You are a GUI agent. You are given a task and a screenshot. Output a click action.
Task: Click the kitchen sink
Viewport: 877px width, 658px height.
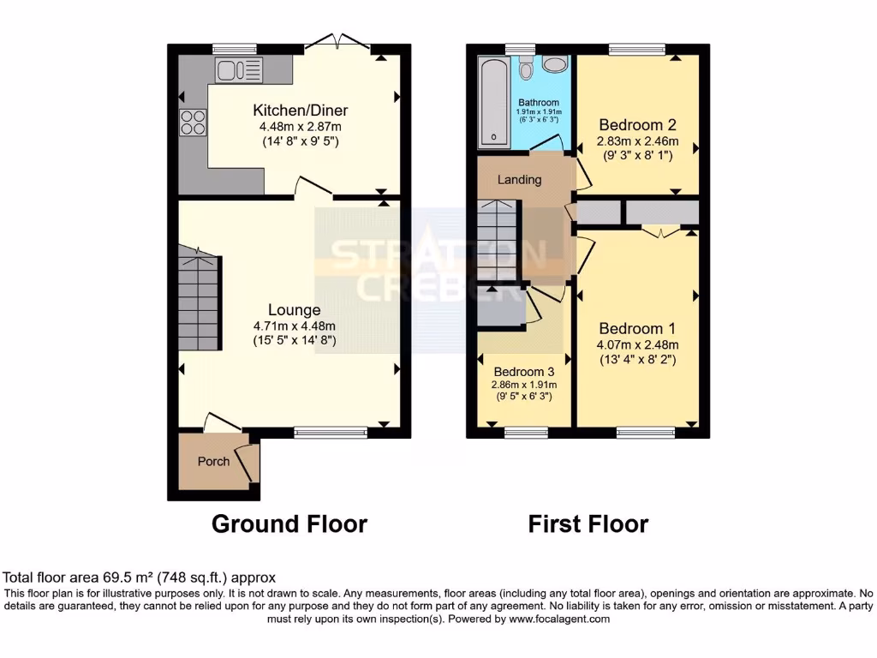[238, 70]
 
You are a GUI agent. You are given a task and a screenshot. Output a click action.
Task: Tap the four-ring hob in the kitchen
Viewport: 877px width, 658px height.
[192, 123]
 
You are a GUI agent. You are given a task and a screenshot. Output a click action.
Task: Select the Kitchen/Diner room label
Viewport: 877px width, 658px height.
[300, 111]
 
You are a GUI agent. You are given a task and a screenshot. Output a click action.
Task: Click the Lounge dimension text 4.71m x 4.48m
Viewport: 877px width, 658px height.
[294, 326]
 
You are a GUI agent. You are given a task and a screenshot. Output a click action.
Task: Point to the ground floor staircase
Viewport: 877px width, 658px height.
[199, 299]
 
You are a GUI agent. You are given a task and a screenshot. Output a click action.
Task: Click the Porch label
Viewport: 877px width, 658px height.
[213, 461]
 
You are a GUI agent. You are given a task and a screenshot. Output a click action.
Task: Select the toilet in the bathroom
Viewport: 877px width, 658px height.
[527, 66]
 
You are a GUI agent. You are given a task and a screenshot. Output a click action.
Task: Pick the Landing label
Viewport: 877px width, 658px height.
[520, 180]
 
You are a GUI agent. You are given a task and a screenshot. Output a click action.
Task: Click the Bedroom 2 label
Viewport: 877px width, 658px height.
[637, 124]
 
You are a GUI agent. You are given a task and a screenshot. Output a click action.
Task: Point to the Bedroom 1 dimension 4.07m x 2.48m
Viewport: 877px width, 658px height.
[637, 345]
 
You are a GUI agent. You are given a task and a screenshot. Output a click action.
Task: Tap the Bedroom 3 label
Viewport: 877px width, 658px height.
[524, 372]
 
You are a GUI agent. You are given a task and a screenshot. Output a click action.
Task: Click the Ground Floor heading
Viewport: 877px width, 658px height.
[289, 523]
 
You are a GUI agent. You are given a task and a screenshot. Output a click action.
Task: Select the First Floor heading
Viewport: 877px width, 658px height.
[588, 523]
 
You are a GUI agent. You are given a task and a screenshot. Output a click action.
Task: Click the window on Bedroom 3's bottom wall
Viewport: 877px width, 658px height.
[525, 431]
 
